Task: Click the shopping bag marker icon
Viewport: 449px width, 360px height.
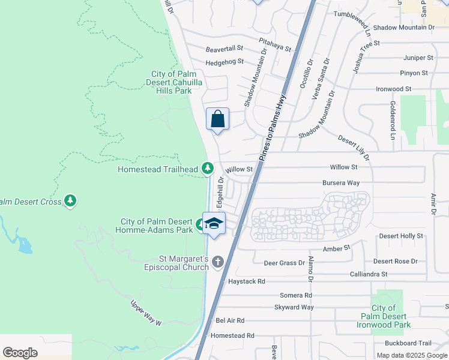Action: (x=217, y=118)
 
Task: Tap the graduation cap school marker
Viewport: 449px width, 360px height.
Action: (x=214, y=223)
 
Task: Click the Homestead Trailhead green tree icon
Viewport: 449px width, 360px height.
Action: (x=208, y=169)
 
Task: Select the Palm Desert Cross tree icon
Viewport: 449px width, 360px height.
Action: (x=71, y=200)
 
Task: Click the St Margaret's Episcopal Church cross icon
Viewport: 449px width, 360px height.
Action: (x=217, y=262)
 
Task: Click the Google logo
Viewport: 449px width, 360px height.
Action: (x=20, y=353)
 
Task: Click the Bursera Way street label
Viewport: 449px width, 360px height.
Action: (x=340, y=182)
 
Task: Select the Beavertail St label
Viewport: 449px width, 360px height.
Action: (x=224, y=48)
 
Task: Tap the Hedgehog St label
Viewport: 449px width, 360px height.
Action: (x=224, y=61)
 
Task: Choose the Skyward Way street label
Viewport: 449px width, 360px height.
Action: (x=294, y=307)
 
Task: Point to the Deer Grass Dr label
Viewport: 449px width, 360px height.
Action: (x=285, y=263)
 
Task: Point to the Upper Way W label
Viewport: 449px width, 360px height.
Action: (x=147, y=313)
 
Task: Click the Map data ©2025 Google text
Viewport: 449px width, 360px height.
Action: (x=411, y=355)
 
